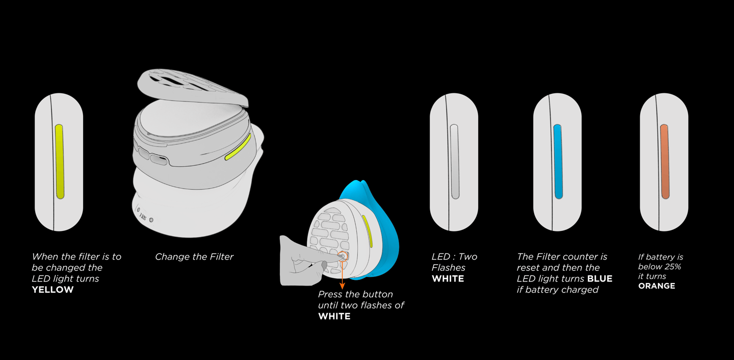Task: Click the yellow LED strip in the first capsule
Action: coord(59,161)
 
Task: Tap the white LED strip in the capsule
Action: coord(455,161)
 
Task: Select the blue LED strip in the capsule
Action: coord(558,161)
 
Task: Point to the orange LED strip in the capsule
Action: coord(665,161)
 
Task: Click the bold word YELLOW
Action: coord(53,290)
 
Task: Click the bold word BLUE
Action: coord(599,279)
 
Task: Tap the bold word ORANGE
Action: coord(657,286)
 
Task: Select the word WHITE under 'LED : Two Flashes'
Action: coord(448,279)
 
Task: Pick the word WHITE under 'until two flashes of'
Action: coord(334,316)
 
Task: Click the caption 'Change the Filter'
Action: coord(194,256)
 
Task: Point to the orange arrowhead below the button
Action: coord(342,286)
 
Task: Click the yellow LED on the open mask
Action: coord(238,147)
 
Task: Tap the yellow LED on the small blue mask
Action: coord(368,231)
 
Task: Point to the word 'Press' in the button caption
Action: coord(331,294)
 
